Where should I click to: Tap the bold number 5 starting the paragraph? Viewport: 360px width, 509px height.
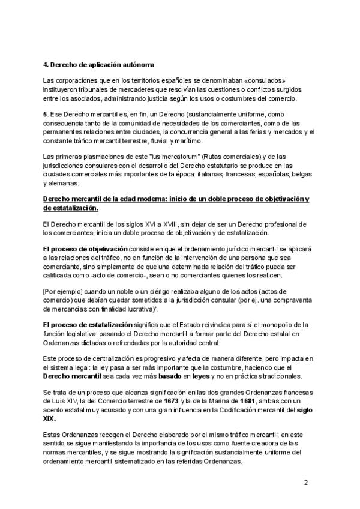(x=46, y=115)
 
